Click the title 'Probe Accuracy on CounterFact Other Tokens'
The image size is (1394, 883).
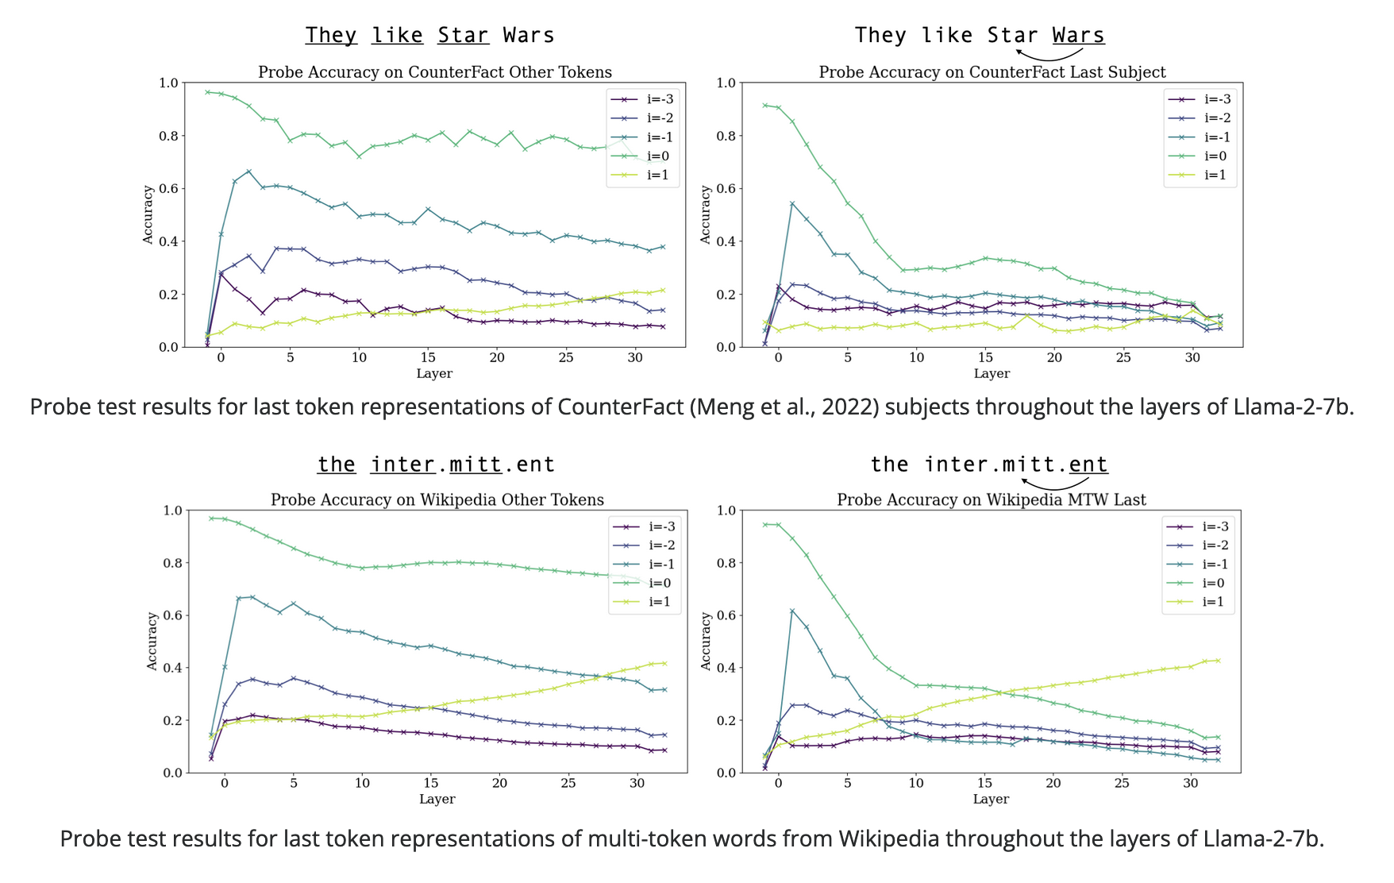[435, 72]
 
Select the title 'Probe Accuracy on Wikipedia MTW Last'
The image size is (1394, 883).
[992, 499]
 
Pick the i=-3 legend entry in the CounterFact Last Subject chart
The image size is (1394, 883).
[1199, 99]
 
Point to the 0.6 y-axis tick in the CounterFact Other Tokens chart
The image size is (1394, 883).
[168, 189]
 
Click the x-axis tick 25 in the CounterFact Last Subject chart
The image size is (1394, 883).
[1123, 358]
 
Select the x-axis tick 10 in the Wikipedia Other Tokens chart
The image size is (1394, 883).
[362, 784]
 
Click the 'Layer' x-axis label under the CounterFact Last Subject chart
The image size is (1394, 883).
[992, 373]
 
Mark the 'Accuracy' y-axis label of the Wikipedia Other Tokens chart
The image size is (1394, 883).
[152, 641]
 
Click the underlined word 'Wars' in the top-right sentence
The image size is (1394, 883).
[1078, 36]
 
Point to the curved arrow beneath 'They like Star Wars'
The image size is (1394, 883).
[1049, 54]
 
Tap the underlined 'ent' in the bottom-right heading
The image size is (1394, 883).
[1088, 465]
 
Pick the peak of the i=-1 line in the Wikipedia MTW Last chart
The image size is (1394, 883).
[792, 610]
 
